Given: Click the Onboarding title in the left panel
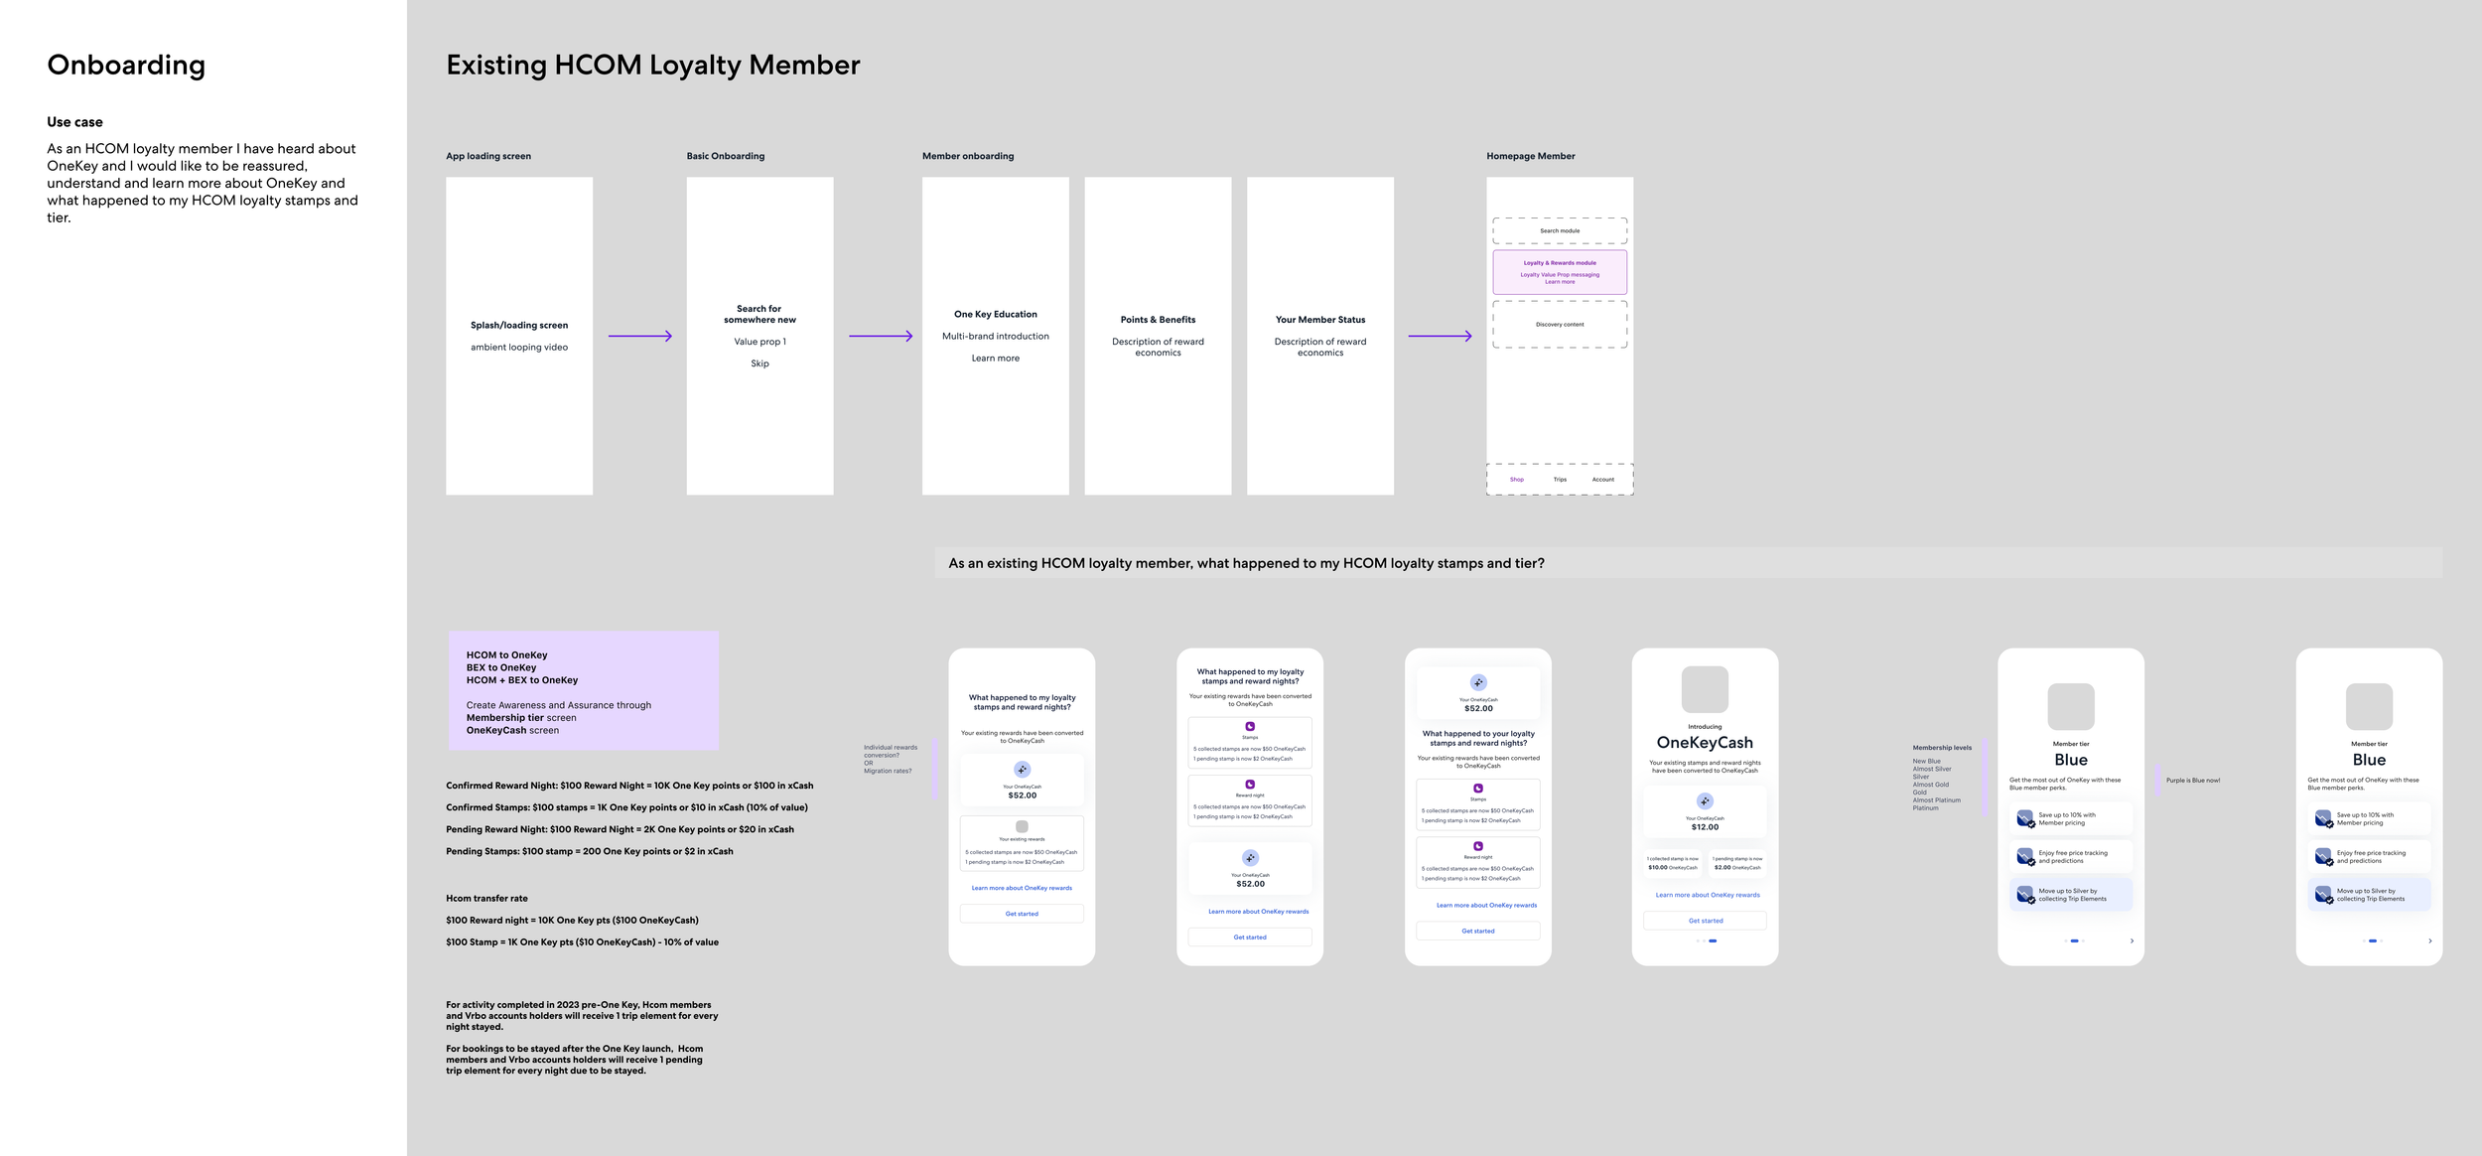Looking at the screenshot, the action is coord(126,66).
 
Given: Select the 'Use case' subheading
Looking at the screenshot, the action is coord(74,122).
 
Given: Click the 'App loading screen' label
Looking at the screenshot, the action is coord(488,156).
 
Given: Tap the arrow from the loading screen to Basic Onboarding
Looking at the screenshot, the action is coord(640,337).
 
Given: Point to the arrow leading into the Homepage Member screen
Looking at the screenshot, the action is coord(1440,337).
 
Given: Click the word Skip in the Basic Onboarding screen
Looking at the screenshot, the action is coord(759,363).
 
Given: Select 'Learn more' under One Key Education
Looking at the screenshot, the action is coord(995,359).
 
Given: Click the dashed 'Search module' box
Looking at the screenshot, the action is coord(1560,230).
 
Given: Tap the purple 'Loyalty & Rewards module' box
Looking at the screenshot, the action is coord(1560,271).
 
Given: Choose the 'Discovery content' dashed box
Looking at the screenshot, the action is coord(1560,325).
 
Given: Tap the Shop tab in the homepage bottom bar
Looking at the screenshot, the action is coord(1517,480).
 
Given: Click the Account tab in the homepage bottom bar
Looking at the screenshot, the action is coord(1603,480).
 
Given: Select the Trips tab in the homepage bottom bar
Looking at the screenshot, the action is coord(1560,480).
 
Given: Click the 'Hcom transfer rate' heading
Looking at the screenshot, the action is coord(486,899).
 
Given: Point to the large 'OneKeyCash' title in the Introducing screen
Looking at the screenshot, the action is coord(1705,743).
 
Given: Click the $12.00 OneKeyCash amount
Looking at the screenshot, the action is coord(1705,827).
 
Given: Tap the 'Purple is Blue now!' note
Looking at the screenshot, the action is coord(2193,781).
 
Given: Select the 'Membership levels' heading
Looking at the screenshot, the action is coord(1942,748).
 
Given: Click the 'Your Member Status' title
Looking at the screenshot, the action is coord(1320,320).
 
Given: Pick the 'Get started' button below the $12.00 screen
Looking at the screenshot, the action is coord(1705,921).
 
